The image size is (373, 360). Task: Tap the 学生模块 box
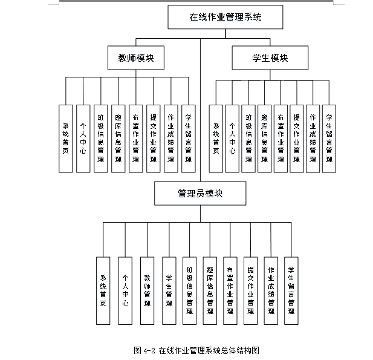pos(270,57)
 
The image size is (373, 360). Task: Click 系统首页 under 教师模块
pos(65,139)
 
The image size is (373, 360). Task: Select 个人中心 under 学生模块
pos(232,139)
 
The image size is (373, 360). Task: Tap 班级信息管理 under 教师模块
pos(100,139)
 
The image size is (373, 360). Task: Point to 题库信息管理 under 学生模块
pos(264,139)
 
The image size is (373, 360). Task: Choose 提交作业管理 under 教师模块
pos(153,139)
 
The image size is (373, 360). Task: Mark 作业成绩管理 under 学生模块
pos(313,139)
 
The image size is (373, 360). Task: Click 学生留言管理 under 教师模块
pos(189,139)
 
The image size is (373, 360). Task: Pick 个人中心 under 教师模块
pos(83,139)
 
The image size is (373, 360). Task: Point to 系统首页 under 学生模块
pos(216,139)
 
